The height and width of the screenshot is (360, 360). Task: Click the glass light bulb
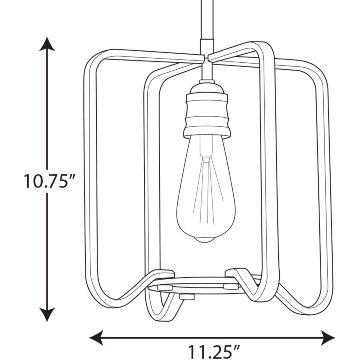click(206, 192)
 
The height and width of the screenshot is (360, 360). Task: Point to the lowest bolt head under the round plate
click(186, 297)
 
